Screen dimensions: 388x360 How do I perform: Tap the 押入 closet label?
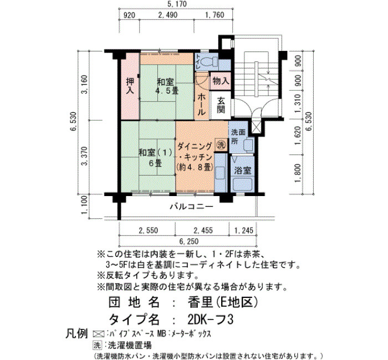(130, 85)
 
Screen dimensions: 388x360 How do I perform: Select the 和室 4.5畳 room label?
(166, 86)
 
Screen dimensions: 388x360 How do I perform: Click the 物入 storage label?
(221, 81)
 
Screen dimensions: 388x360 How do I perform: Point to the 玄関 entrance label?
(221, 105)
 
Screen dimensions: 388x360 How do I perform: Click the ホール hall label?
(201, 105)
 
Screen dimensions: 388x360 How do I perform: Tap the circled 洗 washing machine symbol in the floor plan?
(221, 145)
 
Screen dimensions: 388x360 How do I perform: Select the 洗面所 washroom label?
(238, 136)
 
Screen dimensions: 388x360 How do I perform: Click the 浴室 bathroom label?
(243, 171)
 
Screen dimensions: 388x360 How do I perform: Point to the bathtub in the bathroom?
(243, 184)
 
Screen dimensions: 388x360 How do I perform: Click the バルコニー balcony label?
(191, 206)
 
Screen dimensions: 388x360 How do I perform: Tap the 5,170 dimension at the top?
(176, 4)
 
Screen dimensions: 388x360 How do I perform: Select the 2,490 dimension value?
(168, 15)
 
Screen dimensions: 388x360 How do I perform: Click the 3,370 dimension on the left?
(85, 156)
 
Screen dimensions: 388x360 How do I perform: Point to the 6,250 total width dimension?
(189, 241)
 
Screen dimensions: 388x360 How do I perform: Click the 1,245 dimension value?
(244, 230)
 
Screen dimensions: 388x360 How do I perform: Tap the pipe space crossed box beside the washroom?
(254, 127)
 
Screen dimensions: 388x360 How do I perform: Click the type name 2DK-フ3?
(211, 320)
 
